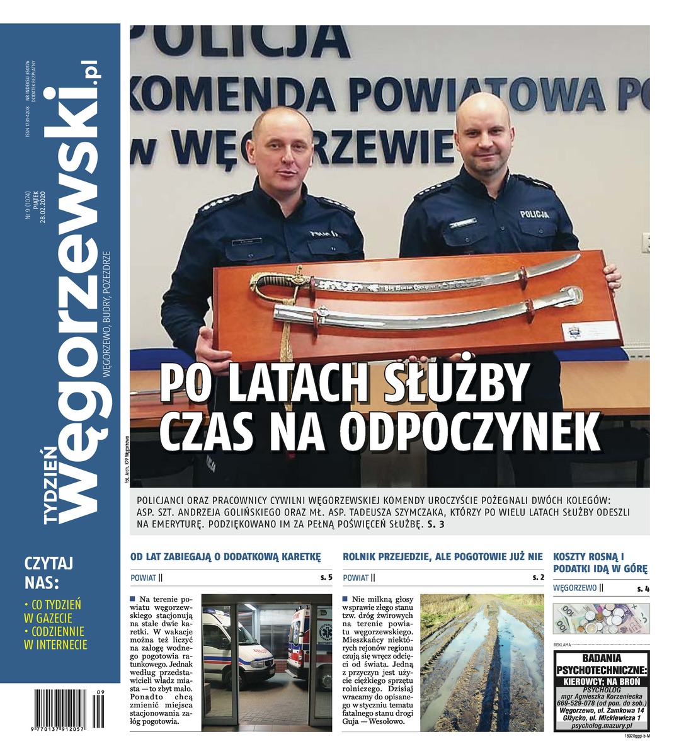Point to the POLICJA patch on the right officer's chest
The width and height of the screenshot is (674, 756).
pyautogui.click(x=534, y=214)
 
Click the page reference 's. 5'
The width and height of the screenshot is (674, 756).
pyautogui.click(x=326, y=577)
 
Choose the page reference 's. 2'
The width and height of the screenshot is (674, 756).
pyautogui.click(x=537, y=577)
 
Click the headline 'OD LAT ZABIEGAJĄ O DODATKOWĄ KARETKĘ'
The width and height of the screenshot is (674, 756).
pyautogui.click(x=226, y=557)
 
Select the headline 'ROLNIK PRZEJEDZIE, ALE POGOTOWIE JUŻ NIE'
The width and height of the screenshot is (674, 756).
pyautogui.click(x=442, y=557)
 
